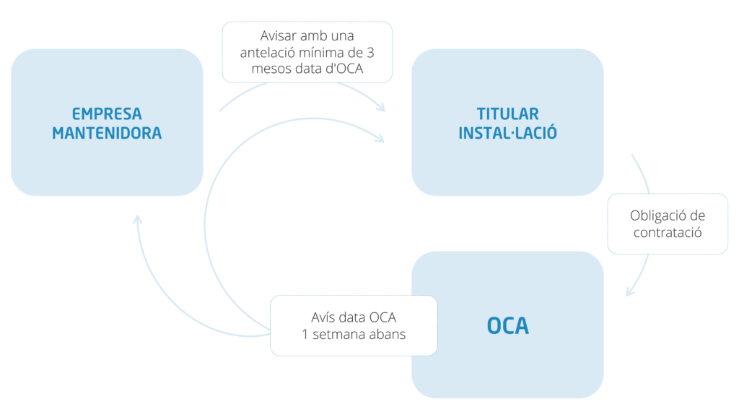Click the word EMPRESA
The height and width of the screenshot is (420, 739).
tap(107, 114)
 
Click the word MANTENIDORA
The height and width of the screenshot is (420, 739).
tap(107, 134)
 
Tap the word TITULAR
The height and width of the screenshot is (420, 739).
tap(507, 114)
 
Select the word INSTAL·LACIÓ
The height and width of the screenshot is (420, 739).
tap(507, 134)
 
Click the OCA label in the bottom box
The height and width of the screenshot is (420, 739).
tap(507, 326)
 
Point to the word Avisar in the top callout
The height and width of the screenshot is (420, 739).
tap(276, 35)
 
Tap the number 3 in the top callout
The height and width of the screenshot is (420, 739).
tap(369, 53)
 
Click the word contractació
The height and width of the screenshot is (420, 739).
tap(668, 233)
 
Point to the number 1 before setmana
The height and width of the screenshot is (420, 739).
tap(306, 335)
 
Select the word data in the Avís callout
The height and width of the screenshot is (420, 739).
tap(358, 317)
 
